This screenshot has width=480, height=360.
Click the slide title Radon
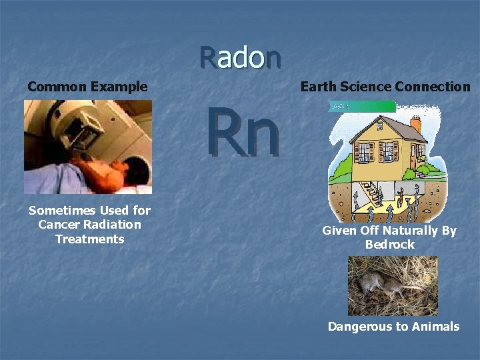pyautogui.click(x=240, y=58)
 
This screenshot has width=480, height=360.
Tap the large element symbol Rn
pyautogui.click(x=241, y=133)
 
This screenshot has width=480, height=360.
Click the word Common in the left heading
pyautogui.click(x=57, y=87)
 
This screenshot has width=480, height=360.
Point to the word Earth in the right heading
pyautogui.click(x=319, y=87)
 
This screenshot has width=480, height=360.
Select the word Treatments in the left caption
pyautogui.click(x=89, y=239)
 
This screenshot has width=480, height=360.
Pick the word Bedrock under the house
pyautogui.click(x=389, y=245)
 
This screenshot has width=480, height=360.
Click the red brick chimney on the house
pyautogui.click(x=416, y=125)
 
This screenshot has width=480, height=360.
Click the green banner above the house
pyautogui.click(x=363, y=106)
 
